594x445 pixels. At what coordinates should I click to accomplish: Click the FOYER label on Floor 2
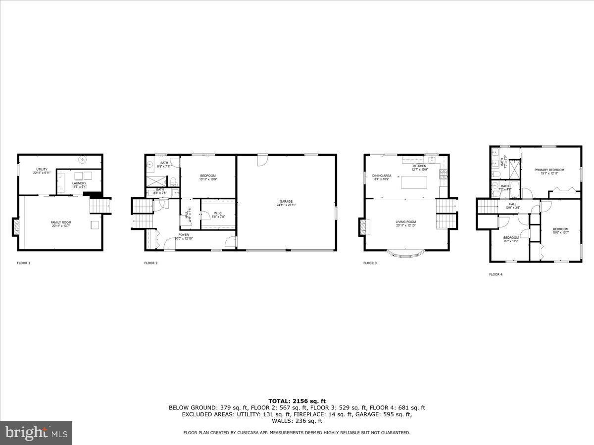pyautogui.click(x=184, y=236)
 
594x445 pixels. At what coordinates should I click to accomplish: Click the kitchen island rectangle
pyautogui.click(x=414, y=182)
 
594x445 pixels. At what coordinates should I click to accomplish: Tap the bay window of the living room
pyautogui.click(x=405, y=255)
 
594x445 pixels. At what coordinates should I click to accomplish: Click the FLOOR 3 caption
pyautogui.click(x=370, y=263)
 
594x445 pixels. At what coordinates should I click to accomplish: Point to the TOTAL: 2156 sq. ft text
pyautogui.click(x=297, y=401)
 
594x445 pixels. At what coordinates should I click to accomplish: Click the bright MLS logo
pyautogui.click(x=36, y=433)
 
